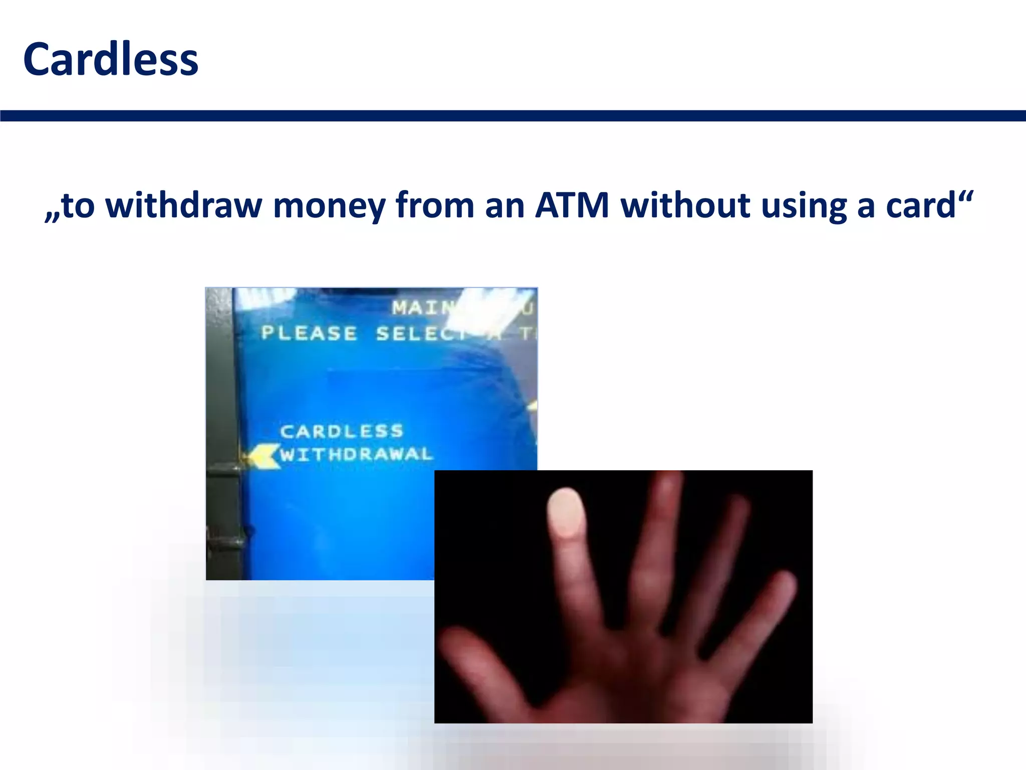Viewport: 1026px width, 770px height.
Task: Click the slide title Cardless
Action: pyautogui.click(x=111, y=60)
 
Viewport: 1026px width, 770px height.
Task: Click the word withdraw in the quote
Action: pyautogui.click(x=184, y=206)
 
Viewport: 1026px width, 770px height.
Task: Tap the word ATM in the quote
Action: pyautogui.click(x=572, y=206)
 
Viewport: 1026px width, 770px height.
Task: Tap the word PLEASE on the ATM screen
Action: pyautogui.click(x=309, y=333)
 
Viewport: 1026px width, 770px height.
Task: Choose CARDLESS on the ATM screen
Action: pyautogui.click(x=342, y=431)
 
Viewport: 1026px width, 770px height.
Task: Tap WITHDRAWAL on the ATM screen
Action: pyautogui.click(x=356, y=455)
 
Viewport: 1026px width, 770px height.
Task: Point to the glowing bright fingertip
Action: pyautogui.click(x=566, y=512)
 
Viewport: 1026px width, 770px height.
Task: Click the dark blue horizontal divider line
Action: pyautogui.click(x=513, y=116)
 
